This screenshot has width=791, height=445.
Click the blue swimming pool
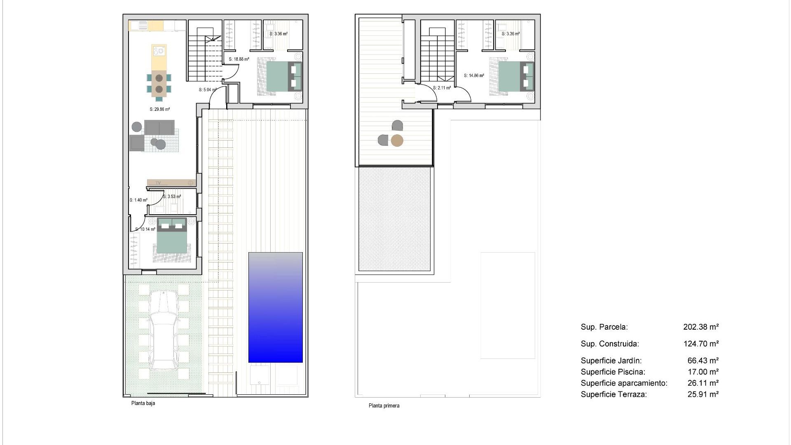[x=275, y=307]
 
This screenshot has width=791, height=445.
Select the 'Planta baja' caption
[x=143, y=403]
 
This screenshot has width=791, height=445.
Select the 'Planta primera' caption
[x=384, y=406]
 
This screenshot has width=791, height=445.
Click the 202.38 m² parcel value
[x=701, y=327]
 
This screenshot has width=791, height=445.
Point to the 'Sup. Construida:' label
[x=610, y=344]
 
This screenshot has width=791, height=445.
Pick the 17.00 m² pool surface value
[x=703, y=372]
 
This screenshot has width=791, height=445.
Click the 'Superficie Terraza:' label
[x=613, y=395]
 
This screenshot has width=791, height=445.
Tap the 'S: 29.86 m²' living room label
[x=159, y=110]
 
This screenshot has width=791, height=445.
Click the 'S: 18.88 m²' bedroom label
[x=239, y=59]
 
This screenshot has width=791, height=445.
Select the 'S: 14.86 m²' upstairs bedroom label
[x=474, y=76]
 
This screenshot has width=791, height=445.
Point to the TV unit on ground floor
[x=171, y=183]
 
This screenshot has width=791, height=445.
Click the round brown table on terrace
[x=397, y=141]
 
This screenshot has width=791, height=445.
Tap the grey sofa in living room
[x=159, y=128]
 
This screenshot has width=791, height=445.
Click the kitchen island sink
[x=159, y=51]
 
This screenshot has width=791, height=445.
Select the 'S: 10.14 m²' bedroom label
[x=145, y=230]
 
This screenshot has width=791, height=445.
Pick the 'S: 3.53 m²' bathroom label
[x=172, y=197]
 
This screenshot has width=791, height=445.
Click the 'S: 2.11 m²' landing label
[x=442, y=88]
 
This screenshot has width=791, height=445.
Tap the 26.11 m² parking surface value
[x=703, y=383]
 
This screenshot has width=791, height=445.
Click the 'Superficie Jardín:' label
[x=611, y=361]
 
